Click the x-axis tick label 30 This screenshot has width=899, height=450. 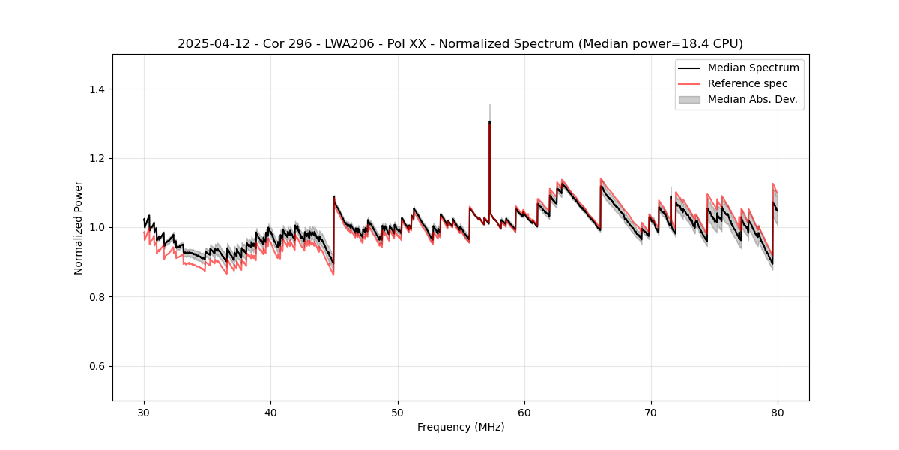tap(144, 412)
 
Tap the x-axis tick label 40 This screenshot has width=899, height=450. tap(270, 412)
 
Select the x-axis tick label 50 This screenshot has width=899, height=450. tap(398, 412)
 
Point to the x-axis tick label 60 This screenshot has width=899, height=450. tap(524, 412)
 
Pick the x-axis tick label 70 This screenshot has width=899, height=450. tap(651, 412)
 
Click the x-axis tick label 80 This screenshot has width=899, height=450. tap(778, 412)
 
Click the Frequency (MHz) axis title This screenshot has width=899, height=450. tap(461, 427)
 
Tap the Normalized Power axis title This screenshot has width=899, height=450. tap(79, 227)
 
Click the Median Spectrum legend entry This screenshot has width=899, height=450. tap(753, 67)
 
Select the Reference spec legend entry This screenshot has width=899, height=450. tap(748, 83)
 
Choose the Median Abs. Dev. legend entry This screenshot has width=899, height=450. tap(752, 99)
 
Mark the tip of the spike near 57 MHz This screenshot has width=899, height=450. tap(489, 121)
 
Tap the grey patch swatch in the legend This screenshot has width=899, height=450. tap(689, 99)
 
